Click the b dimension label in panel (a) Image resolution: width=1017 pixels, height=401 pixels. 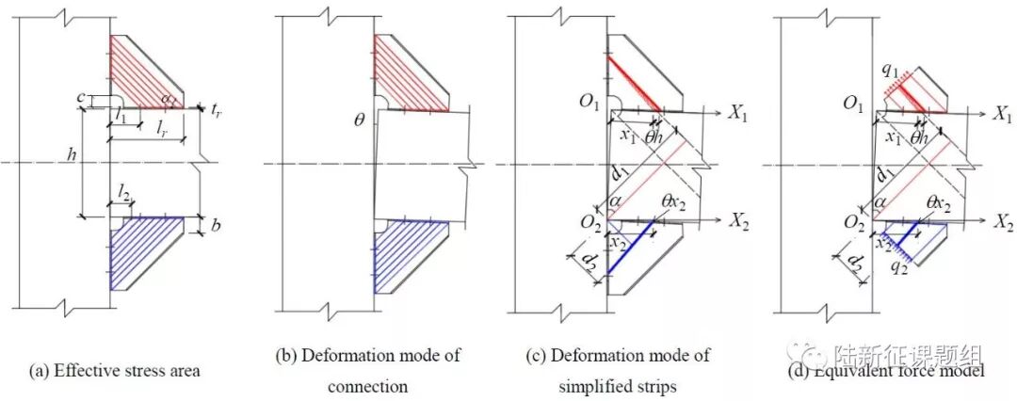(217, 227)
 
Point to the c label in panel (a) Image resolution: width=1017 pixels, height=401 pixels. (82, 95)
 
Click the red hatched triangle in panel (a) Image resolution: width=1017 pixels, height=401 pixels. (141, 71)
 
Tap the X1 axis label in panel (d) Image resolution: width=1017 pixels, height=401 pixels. (1000, 111)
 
